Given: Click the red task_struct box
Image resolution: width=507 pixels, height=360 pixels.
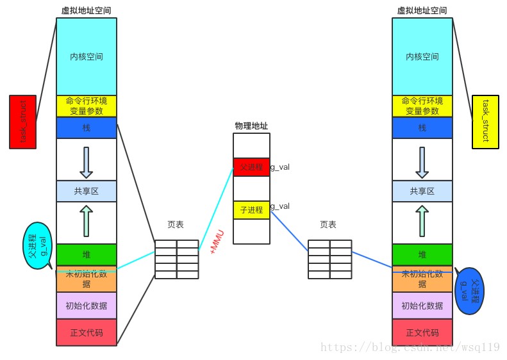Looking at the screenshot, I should pyautogui.click(x=22, y=122).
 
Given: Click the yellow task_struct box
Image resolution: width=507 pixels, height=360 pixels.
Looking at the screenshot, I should pyautogui.click(x=485, y=122).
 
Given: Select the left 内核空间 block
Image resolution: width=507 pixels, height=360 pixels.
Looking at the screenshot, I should pyautogui.click(x=87, y=56).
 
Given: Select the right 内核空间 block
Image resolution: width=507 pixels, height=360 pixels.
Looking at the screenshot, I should pyautogui.click(x=422, y=56).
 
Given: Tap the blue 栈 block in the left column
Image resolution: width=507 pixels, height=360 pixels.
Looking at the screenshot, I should pyautogui.click(x=87, y=127).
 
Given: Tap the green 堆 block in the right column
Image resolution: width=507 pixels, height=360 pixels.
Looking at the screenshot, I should pyautogui.click(x=422, y=254).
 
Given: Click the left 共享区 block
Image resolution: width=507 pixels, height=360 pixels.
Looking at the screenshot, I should pyautogui.click(x=87, y=191).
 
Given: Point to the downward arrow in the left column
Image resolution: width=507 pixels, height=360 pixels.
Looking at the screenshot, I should pyautogui.click(x=87, y=162).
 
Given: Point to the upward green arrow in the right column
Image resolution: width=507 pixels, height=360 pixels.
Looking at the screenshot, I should pyautogui.click(x=422, y=220).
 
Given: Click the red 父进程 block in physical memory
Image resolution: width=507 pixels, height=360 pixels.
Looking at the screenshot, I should pyautogui.click(x=251, y=167).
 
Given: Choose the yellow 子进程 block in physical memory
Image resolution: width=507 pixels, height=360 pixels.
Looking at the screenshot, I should pyautogui.click(x=251, y=209).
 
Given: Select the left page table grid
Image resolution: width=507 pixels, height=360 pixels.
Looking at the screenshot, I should pyautogui.click(x=176, y=259).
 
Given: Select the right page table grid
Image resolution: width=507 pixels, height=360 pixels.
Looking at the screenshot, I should pyautogui.click(x=329, y=259).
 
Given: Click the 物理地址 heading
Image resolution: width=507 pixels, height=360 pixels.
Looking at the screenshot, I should pyautogui.click(x=251, y=126).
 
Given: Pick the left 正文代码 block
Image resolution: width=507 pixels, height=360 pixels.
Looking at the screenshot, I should pyautogui.click(x=87, y=332).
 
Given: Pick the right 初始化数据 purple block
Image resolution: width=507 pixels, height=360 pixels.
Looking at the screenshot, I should pyautogui.click(x=422, y=306).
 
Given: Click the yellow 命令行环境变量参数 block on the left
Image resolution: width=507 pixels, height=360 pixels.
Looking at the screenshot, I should pyautogui.click(x=87, y=106).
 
